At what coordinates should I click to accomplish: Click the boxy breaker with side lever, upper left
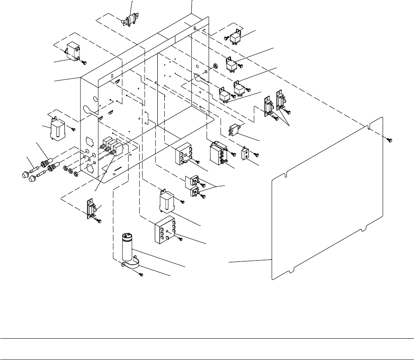(x=73, y=51)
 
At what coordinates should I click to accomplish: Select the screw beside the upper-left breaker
(x=85, y=62)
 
